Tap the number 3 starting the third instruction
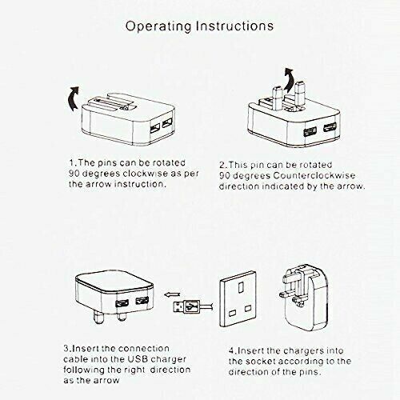click(66, 350)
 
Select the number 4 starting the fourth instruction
click(230, 350)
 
